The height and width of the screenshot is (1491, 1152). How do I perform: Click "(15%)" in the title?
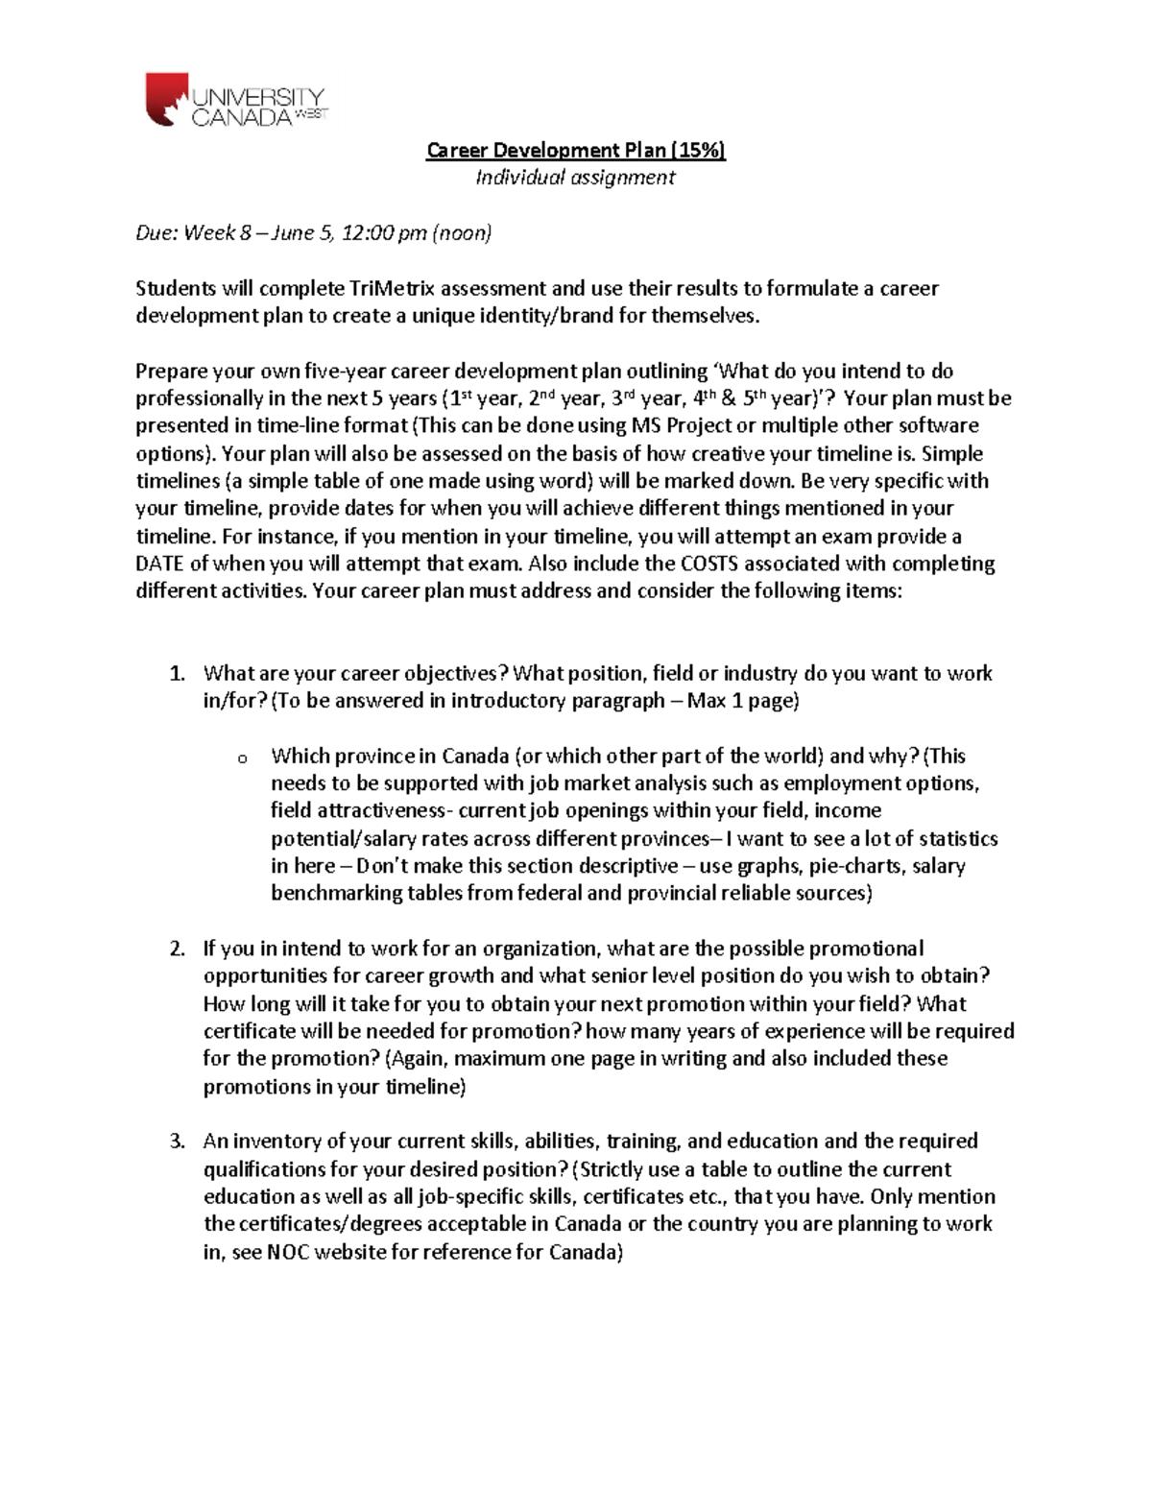click(x=698, y=150)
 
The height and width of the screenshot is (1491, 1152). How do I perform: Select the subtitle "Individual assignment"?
click(x=576, y=178)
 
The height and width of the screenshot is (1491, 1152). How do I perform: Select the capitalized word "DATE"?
click(x=160, y=564)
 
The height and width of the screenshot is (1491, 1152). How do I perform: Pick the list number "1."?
click(x=178, y=674)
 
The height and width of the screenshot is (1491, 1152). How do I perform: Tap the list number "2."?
click(x=178, y=950)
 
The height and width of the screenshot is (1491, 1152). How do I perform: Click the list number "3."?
click(x=178, y=1142)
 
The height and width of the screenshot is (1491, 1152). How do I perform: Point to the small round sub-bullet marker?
click(x=242, y=759)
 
